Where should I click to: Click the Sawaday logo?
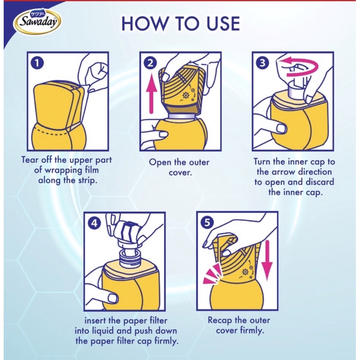37,21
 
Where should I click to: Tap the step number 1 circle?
37,63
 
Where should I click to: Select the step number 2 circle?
150,63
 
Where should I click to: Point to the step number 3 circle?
263,63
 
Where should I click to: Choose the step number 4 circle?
94,223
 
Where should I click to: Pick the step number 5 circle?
207,223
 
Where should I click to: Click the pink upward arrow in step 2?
151,95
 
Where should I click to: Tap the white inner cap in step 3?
296,88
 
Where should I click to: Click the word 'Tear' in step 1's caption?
29,160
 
